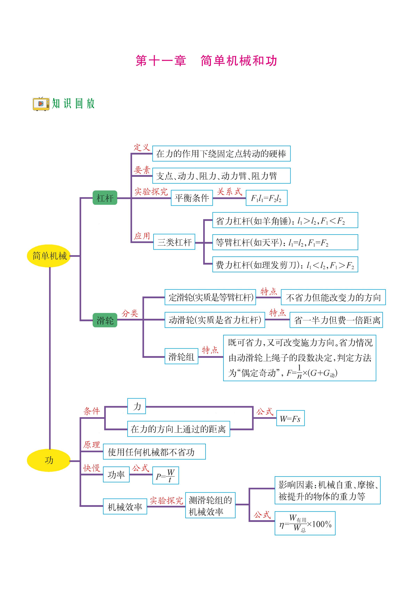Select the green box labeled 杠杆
click(105, 198)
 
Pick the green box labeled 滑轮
click(105, 320)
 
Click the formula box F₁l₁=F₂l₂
click(266, 198)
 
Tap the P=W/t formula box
click(165, 475)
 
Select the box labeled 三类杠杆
click(174, 242)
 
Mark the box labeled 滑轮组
click(181, 357)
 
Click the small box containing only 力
click(136, 406)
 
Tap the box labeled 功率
click(116, 475)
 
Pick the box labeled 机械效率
click(125, 507)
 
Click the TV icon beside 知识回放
click(41, 104)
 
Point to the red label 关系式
click(229, 191)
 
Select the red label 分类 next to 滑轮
click(130, 313)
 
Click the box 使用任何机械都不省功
click(154, 452)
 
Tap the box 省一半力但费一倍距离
click(336, 320)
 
